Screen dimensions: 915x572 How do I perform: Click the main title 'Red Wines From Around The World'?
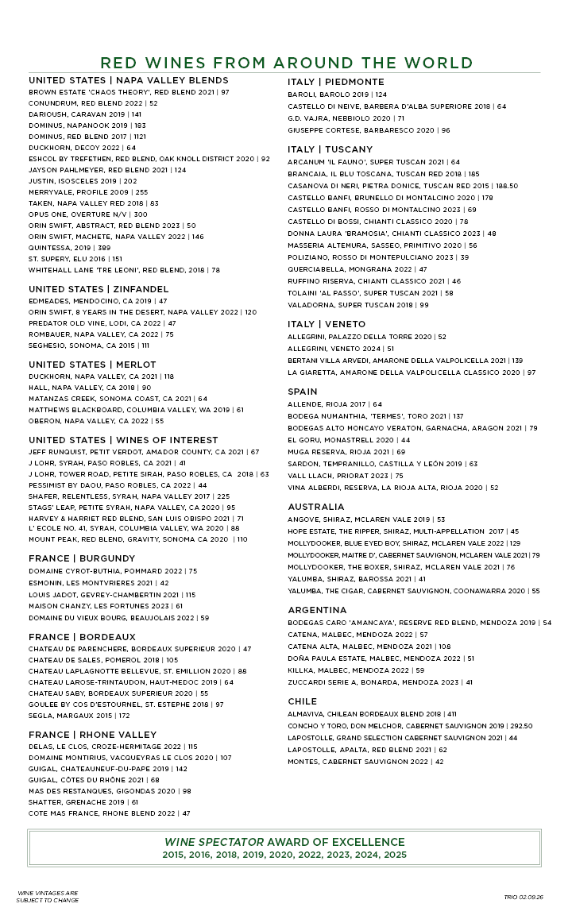[286, 63]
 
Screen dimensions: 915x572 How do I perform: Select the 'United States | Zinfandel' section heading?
[99, 289]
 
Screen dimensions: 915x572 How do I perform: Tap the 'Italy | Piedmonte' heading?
[335, 82]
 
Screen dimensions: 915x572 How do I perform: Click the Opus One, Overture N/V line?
[87, 214]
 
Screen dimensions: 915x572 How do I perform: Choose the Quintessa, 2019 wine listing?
[70, 248]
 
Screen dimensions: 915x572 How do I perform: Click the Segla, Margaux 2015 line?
[79, 716]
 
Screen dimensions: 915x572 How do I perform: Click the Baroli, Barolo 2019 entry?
[337, 95]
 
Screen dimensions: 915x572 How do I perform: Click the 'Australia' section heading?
[316, 507]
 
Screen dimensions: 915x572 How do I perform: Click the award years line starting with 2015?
[284, 855]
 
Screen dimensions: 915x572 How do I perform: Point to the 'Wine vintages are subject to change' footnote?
[48, 898]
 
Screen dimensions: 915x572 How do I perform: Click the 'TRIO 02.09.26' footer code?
[523, 897]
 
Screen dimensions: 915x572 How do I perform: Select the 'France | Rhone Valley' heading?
[93, 735]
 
